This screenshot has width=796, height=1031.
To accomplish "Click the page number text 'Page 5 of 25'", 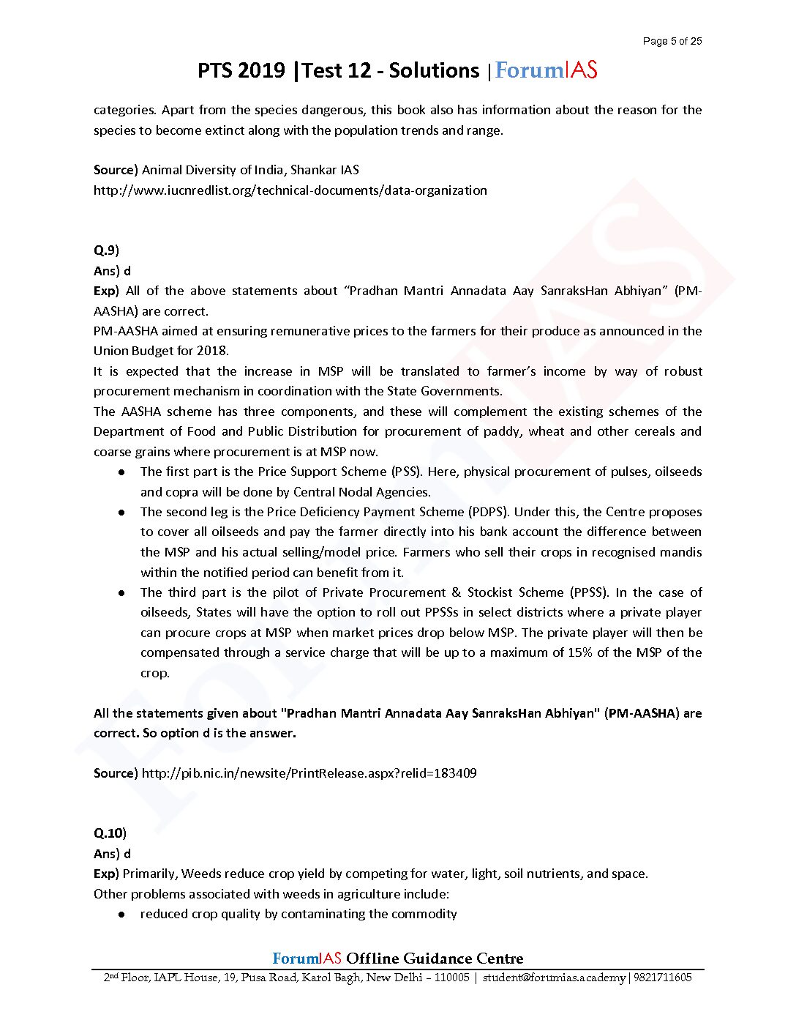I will click(x=672, y=41).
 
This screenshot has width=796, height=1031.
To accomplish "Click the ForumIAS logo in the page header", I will click(x=546, y=70).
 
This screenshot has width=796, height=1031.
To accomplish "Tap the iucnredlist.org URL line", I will click(x=290, y=190).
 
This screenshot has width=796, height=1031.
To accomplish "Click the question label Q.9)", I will click(x=106, y=250).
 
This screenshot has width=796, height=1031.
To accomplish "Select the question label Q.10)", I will click(x=110, y=833).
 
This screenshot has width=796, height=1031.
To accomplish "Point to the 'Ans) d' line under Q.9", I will click(x=112, y=271).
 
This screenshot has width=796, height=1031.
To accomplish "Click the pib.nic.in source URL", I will click(x=309, y=773).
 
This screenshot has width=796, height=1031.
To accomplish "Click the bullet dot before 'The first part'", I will click(x=122, y=472).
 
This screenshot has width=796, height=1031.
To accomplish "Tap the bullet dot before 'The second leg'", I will click(x=122, y=513).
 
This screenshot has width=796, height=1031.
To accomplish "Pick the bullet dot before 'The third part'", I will click(x=122, y=592).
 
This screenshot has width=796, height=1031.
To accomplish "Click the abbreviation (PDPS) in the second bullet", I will click(x=487, y=512).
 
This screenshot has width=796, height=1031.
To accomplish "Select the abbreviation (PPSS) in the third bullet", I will click(x=587, y=592).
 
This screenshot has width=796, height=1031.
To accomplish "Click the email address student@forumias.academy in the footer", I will click(x=554, y=978).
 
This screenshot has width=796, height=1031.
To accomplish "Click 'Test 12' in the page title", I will click(x=337, y=70).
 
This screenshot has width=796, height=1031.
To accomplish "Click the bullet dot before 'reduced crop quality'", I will click(x=122, y=915).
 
